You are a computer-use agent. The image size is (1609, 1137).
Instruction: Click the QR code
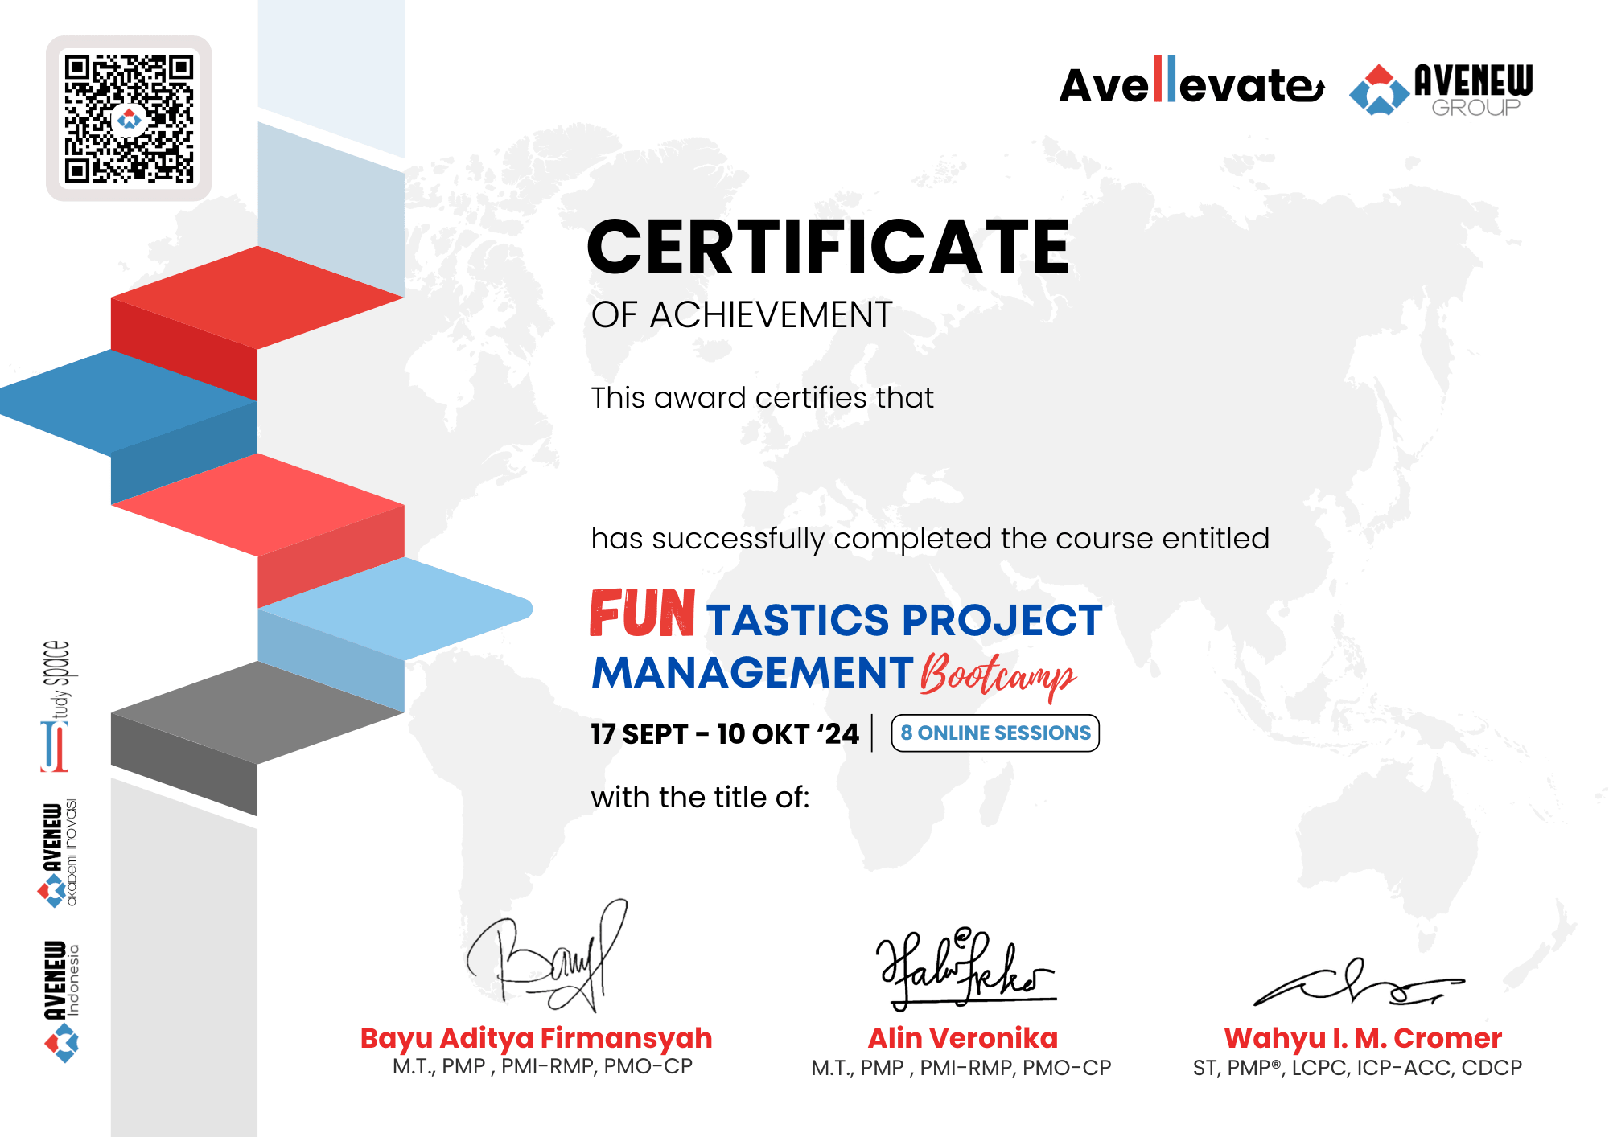(x=129, y=119)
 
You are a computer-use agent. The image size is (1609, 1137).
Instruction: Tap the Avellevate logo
(x=1191, y=81)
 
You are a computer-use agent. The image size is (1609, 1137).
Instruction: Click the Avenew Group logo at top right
(x=1442, y=89)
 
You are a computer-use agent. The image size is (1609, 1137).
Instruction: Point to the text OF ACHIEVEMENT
(x=742, y=314)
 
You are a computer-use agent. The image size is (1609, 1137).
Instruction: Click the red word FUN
(x=642, y=613)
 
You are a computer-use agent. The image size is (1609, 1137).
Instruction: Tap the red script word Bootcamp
(x=998, y=675)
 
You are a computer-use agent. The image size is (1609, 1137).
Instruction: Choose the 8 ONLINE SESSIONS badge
(x=995, y=733)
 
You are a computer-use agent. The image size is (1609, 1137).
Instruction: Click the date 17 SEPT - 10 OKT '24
(x=725, y=733)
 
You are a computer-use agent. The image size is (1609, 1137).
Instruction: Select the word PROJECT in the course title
(x=1002, y=620)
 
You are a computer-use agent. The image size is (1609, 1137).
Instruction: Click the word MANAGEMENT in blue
(x=752, y=672)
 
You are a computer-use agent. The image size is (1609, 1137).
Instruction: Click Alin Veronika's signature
(x=965, y=968)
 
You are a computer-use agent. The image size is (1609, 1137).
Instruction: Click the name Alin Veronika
(x=963, y=1038)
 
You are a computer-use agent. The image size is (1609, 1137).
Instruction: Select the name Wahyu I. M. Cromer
(x=1363, y=1038)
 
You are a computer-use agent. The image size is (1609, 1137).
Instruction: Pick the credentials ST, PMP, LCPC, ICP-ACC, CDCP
(x=1357, y=1068)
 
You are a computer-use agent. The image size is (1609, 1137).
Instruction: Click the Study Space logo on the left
(x=56, y=706)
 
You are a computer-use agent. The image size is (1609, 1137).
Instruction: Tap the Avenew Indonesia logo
(x=62, y=1001)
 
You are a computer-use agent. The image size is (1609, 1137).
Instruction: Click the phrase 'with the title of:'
(x=700, y=797)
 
